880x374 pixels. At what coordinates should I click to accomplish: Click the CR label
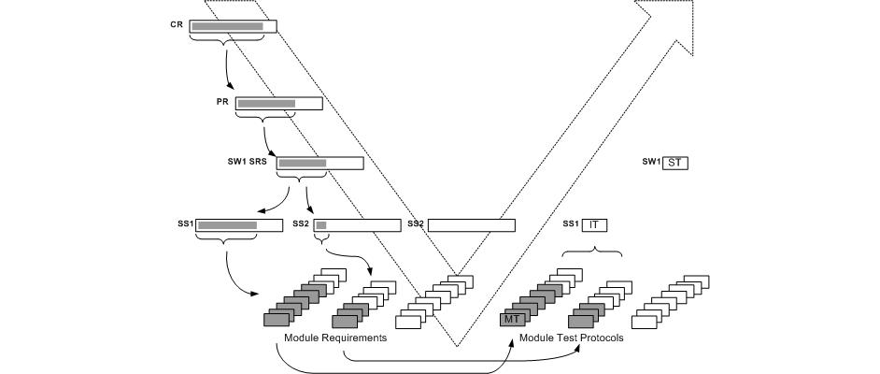pyautogui.click(x=177, y=24)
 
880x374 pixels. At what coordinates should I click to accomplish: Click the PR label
pyautogui.click(x=222, y=100)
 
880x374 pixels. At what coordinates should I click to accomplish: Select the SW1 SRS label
pyautogui.click(x=248, y=161)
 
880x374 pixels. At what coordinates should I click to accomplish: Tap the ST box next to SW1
pyautogui.click(x=676, y=163)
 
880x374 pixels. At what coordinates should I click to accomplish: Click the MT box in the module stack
pyautogui.click(x=512, y=320)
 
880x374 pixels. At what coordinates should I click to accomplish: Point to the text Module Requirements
pyautogui.click(x=335, y=338)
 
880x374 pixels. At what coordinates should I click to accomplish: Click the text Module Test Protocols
pyautogui.click(x=571, y=338)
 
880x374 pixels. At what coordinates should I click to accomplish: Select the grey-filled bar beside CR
pyautogui.click(x=228, y=26)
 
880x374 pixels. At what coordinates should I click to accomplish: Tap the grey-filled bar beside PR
pyautogui.click(x=266, y=103)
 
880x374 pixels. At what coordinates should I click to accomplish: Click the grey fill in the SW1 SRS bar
pyautogui.click(x=302, y=164)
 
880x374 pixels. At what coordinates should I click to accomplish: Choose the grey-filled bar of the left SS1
pyautogui.click(x=227, y=225)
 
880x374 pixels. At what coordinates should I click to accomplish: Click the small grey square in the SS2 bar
pyautogui.click(x=320, y=225)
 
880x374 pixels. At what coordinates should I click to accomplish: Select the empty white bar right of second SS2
pyautogui.click(x=471, y=225)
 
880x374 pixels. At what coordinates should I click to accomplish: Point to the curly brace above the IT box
pyautogui.click(x=591, y=250)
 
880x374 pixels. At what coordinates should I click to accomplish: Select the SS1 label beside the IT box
pyautogui.click(x=570, y=224)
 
